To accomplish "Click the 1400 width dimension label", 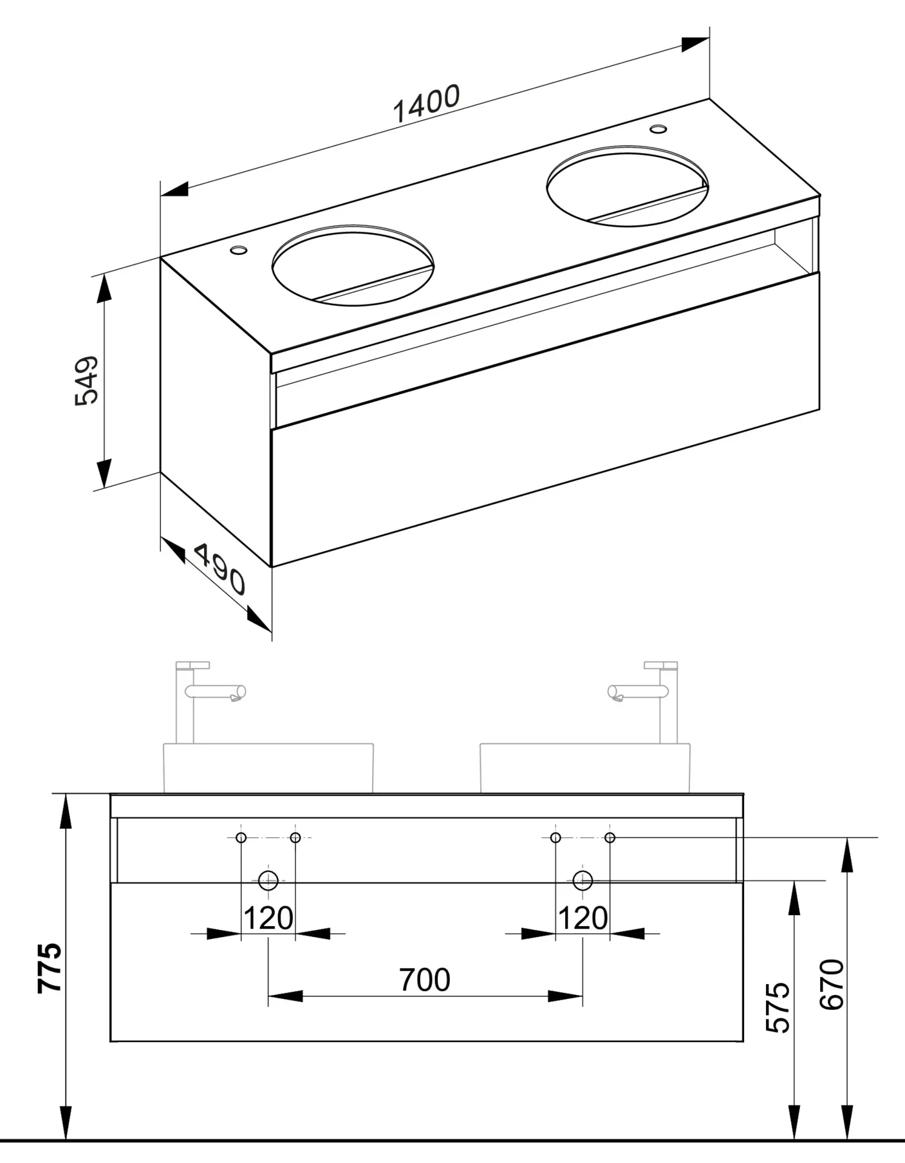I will pos(426,103).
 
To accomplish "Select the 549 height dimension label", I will pos(87,380).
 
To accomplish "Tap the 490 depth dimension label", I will pos(219,569).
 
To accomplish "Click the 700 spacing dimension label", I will pos(425,980).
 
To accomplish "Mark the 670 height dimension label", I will pos(832,984).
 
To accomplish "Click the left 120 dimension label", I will pos(268,918).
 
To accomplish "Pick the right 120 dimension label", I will pos(583,918).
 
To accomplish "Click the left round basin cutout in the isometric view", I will pos(353,265).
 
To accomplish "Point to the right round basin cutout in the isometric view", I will pos(627,186).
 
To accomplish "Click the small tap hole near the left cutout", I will pos(239,249).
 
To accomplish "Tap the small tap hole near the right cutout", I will pos(658,129).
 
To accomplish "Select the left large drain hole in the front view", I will pos(268,880).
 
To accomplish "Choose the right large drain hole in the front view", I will pos(583,880).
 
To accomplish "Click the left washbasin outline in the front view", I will pos(268,768).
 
